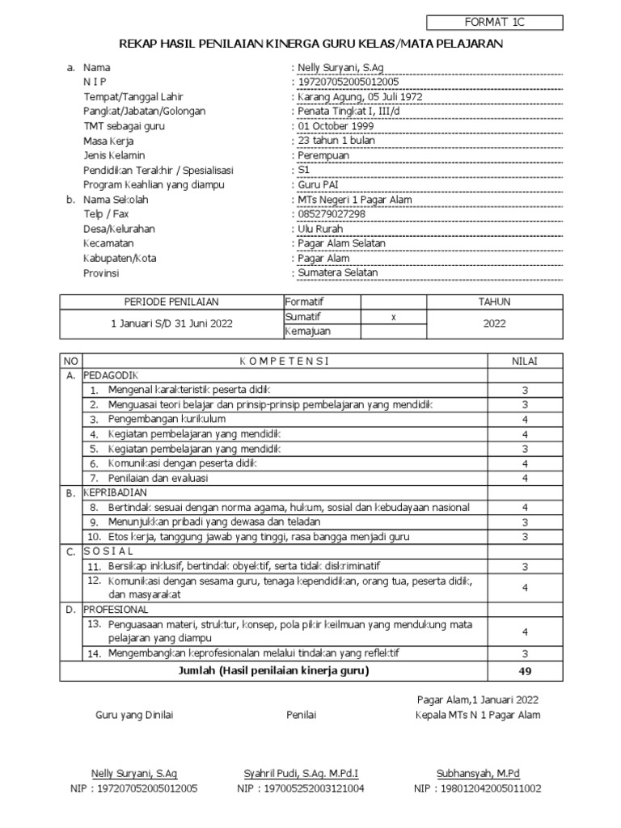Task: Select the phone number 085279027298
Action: [332, 214]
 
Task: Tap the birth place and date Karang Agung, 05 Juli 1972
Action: [360, 97]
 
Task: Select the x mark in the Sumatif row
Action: [393, 316]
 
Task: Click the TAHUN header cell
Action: [494, 302]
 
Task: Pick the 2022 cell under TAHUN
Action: [494, 323]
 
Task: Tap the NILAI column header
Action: [525, 361]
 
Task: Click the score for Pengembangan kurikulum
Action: [525, 420]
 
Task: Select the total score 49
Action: [525, 671]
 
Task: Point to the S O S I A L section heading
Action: [108, 551]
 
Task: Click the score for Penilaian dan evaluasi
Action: [525, 478]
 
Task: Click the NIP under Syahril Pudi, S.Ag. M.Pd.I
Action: [301, 788]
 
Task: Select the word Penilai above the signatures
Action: [301, 715]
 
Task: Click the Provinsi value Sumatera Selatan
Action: [338, 272]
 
